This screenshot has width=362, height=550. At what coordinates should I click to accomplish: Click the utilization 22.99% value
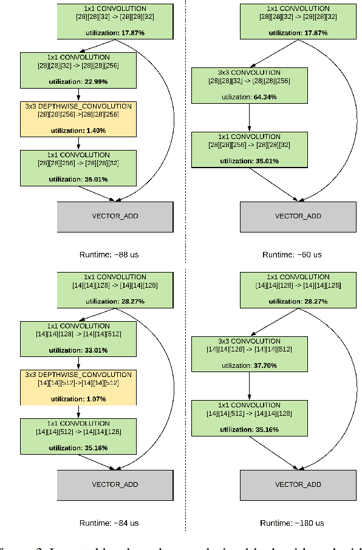point(78,81)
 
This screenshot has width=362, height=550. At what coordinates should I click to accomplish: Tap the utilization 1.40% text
point(78,131)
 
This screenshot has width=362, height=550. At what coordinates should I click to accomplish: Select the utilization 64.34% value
point(250,97)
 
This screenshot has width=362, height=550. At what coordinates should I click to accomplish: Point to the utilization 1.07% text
point(78,399)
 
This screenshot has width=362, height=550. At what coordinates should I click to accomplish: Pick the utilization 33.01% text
point(78,350)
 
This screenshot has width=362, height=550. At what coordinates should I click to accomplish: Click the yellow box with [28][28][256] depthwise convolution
point(78,118)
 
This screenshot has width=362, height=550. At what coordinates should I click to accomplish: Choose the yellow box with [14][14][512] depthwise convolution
point(78,387)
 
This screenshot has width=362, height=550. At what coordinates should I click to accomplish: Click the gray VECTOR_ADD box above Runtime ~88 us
point(115,216)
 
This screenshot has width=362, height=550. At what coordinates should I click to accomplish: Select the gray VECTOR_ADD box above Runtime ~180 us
point(298,484)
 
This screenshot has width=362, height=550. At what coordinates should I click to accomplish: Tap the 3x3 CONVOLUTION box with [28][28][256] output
point(250,84)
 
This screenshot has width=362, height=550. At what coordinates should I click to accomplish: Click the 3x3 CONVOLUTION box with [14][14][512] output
point(250,353)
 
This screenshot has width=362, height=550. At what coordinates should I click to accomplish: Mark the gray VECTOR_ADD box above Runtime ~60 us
point(298,216)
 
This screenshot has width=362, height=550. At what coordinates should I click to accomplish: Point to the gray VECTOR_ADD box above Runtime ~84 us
point(115,484)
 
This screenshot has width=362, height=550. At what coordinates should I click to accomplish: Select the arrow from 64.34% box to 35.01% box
point(250,117)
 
